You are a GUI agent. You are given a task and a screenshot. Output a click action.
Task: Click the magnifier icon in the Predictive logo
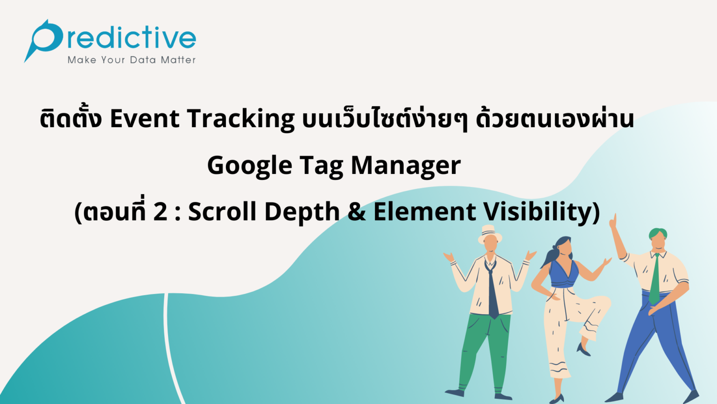tap(44, 38)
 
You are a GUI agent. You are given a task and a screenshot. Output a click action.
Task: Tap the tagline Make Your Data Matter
tap(132, 60)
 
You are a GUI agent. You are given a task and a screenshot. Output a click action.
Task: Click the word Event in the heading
tap(144, 118)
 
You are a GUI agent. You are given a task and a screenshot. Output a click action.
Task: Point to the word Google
tap(250, 166)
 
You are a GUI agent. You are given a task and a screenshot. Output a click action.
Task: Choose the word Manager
tap(406, 166)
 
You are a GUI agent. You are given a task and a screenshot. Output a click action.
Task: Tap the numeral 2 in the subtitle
tap(160, 211)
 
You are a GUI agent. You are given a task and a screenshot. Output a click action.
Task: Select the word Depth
tap(302, 212)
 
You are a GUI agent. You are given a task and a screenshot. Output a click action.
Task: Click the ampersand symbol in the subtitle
tap(357, 211)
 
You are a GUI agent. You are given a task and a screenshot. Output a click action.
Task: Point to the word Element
tap(424, 211)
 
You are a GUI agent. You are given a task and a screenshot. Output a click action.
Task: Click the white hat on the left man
tap(489, 233)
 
